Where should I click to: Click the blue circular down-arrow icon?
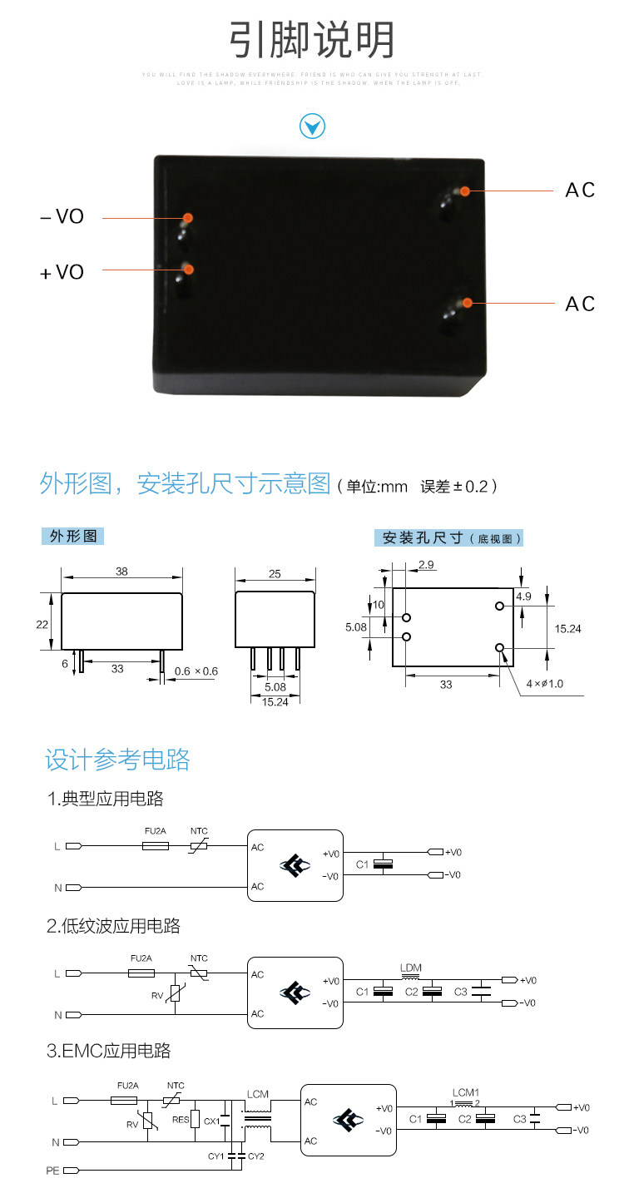click(312, 126)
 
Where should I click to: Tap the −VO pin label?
click(62, 217)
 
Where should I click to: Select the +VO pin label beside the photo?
click(62, 272)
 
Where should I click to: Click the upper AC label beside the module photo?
click(580, 191)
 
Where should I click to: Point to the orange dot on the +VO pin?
click(189, 269)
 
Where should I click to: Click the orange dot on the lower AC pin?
click(468, 303)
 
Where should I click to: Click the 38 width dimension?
click(121, 572)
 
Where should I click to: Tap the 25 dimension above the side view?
click(275, 573)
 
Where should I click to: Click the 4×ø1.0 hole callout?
click(544, 684)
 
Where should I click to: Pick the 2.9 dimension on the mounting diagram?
click(427, 565)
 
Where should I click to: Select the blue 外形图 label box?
click(73, 536)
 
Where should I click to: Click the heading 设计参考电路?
click(117, 760)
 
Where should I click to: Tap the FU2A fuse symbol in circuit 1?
click(156, 845)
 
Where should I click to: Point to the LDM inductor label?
click(411, 968)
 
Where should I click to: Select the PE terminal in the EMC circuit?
click(69, 1171)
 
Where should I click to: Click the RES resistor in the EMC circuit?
click(196, 1120)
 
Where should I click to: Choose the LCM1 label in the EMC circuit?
click(466, 1092)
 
